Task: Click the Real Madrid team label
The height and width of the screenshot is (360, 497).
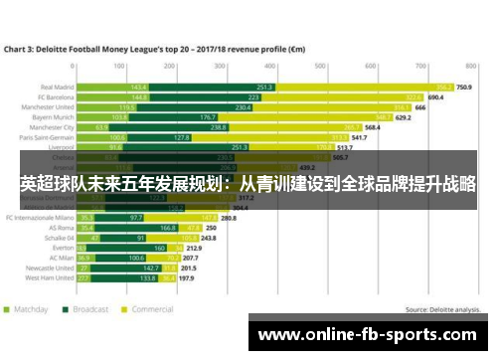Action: [x=56, y=88]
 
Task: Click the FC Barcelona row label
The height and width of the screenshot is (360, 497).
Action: [x=54, y=97]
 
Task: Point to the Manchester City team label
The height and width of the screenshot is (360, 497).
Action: [x=52, y=127]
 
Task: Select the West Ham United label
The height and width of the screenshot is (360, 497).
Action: [x=52, y=278]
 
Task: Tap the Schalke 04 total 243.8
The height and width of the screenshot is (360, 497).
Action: [x=209, y=239]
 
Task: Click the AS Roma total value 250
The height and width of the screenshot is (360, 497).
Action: [x=211, y=228]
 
